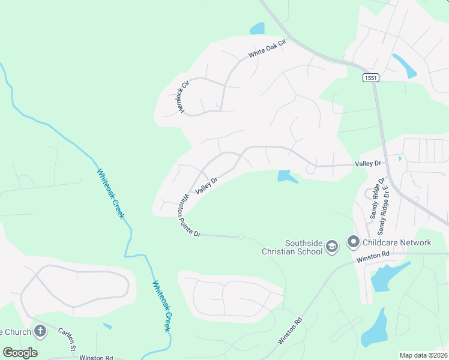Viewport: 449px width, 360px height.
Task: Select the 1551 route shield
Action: coord(371,78)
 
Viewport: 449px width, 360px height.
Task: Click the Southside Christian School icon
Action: coord(331,247)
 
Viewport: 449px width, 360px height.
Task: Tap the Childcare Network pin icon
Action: coord(352,242)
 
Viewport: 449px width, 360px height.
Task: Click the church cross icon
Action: coord(40,331)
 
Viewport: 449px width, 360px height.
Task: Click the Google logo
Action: coord(20,353)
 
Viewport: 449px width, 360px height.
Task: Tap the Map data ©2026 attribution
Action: coord(423,355)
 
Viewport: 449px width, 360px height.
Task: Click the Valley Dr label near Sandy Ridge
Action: coord(368,163)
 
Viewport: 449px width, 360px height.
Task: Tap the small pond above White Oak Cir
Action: coord(257,28)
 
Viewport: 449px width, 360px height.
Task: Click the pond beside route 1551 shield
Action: coord(405,65)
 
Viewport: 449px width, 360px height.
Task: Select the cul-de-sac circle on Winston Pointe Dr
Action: coord(241,237)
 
